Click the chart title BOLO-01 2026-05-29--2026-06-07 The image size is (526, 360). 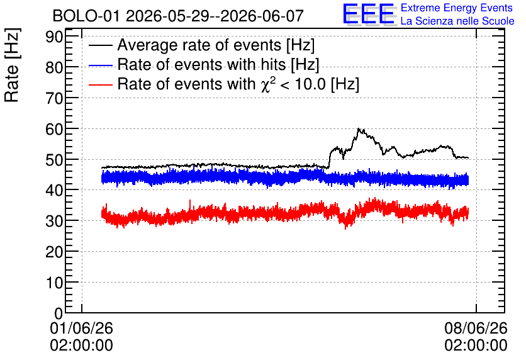point(178,16)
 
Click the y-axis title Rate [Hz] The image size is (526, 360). point(12,65)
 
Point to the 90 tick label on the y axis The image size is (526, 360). point(54,37)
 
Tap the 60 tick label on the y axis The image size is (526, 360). point(54,129)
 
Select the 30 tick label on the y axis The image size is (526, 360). point(54,221)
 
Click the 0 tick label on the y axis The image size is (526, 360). point(59,313)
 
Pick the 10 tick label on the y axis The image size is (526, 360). point(54,283)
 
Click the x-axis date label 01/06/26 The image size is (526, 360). point(82,328)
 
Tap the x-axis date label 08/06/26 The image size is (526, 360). point(476,328)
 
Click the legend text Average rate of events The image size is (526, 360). point(216,45)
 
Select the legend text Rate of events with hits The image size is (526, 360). point(218,64)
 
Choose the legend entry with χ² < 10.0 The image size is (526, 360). point(238,84)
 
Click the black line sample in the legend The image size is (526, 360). point(100,45)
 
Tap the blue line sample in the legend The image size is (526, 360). point(100,65)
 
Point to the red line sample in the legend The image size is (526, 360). point(100,84)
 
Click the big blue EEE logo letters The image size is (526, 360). point(368,14)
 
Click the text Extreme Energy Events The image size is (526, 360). point(457,8)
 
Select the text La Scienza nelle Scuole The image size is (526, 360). point(457,21)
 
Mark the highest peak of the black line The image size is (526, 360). point(358,128)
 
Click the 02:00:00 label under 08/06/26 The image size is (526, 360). point(476,346)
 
